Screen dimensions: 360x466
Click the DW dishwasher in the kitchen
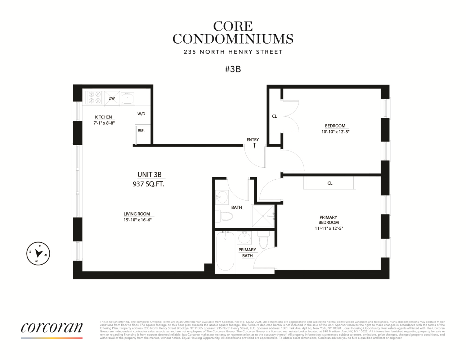click(112, 99)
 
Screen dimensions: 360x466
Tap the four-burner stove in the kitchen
click(94, 98)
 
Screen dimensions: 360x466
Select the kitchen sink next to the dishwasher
click(127, 98)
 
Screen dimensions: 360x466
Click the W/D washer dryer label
click(142, 114)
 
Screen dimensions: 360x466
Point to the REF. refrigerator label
click(141, 130)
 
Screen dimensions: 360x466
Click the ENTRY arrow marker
click(255, 146)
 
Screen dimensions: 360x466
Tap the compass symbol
click(38, 254)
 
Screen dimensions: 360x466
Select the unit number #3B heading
click(233, 69)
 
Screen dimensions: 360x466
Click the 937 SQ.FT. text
click(148, 184)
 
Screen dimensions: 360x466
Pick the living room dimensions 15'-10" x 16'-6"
click(137, 220)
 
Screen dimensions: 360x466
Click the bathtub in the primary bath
click(225, 251)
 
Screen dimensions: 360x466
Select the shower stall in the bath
click(263, 216)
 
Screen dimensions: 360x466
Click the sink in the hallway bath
click(221, 197)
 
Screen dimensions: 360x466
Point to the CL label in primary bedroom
click(330, 183)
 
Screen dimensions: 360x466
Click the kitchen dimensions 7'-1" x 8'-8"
click(104, 123)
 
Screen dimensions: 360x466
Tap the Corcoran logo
click(51, 328)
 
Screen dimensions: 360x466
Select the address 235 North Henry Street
click(233, 52)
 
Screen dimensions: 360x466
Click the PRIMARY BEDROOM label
click(328, 220)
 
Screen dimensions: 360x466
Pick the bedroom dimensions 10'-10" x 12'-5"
click(335, 132)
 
